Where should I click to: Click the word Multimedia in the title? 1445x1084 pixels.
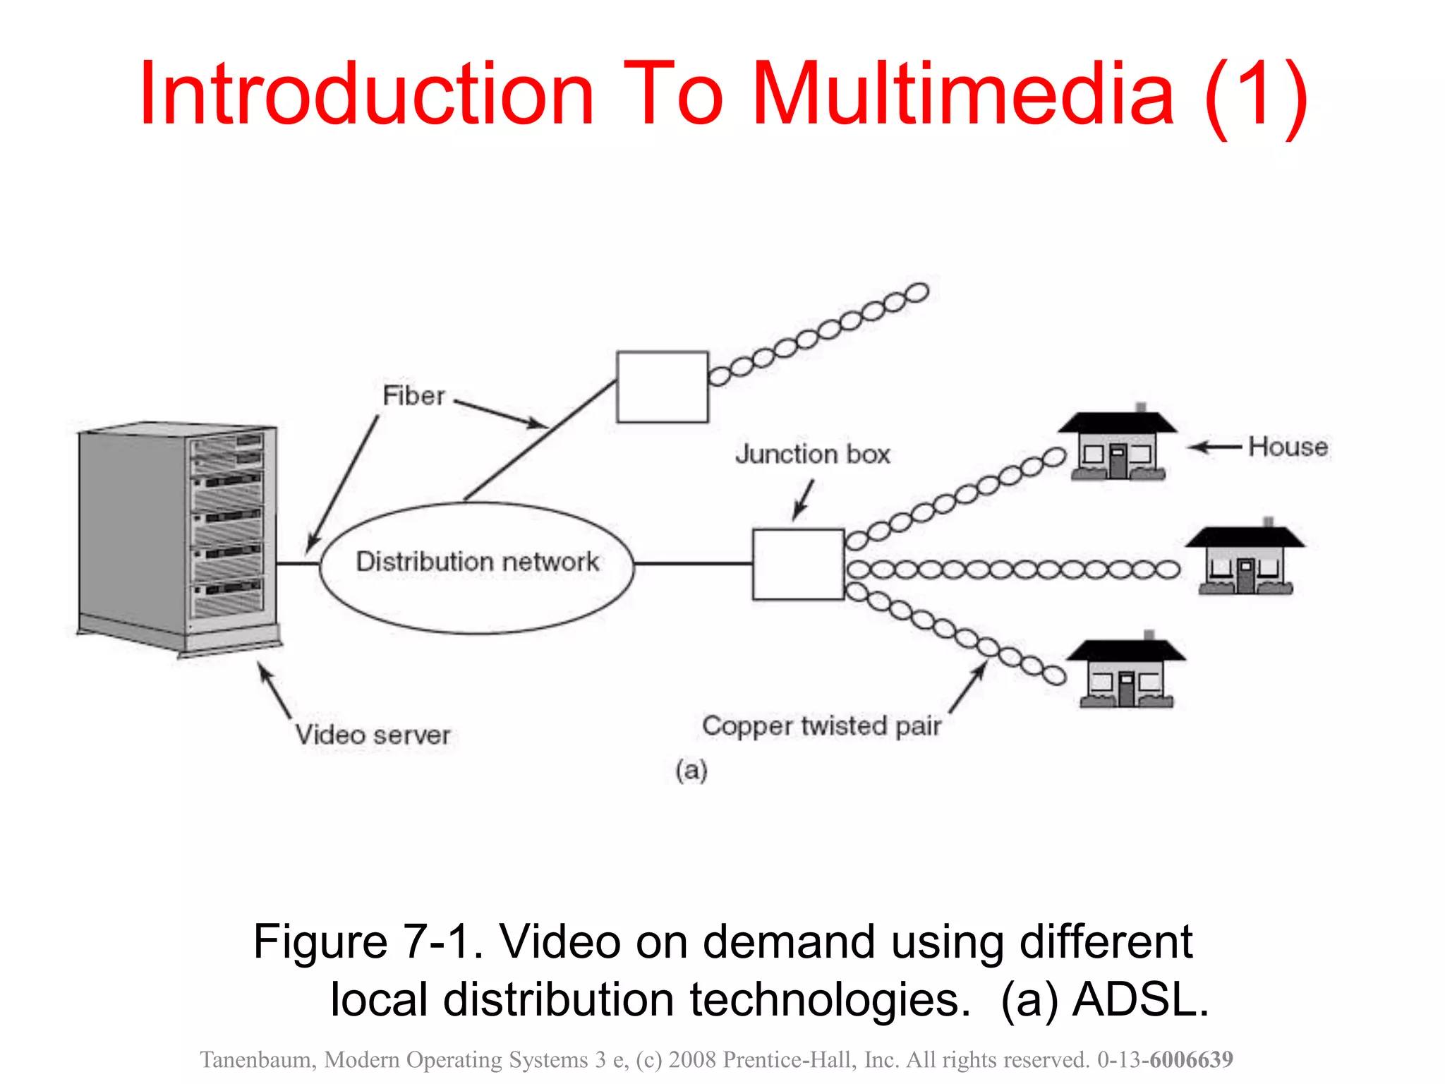pos(963,95)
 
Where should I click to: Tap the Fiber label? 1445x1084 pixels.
pos(413,395)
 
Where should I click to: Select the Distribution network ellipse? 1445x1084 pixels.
pos(477,567)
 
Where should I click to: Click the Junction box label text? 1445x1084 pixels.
pos(812,454)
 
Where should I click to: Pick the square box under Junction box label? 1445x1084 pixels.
pos(798,565)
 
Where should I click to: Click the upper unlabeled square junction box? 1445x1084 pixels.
pos(662,387)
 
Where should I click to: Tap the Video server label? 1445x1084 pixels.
pos(373,735)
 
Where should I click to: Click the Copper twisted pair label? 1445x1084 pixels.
pos(821,725)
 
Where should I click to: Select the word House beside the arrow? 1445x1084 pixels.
pos(1288,447)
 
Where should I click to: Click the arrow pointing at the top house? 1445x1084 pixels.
pos(1214,447)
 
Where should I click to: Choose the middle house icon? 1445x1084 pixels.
pos(1245,559)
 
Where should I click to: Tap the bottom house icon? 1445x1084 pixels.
pos(1126,673)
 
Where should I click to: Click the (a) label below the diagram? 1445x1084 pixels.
pos(691,770)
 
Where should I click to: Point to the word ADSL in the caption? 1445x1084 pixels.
pos(1139,999)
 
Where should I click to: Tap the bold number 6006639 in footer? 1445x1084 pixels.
pos(1191,1059)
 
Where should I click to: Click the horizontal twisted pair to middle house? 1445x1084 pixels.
pos(1012,569)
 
